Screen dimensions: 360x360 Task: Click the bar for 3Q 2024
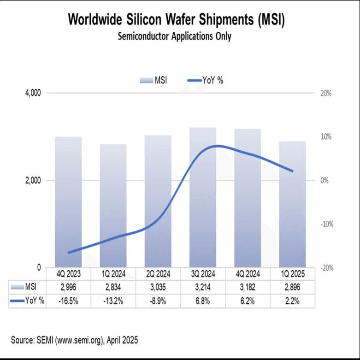click(203, 198)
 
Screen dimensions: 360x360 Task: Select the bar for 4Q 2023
click(68, 203)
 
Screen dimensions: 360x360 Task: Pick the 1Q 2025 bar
click(292, 205)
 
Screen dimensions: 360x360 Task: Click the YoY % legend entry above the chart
click(206, 81)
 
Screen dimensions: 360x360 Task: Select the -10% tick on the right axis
click(325, 224)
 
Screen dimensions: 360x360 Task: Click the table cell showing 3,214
click(203, 287)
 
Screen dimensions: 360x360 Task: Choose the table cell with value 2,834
click(113, 287)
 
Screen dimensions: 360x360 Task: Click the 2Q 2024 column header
click(158, 274)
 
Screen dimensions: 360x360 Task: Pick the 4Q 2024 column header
click(248, 274)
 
